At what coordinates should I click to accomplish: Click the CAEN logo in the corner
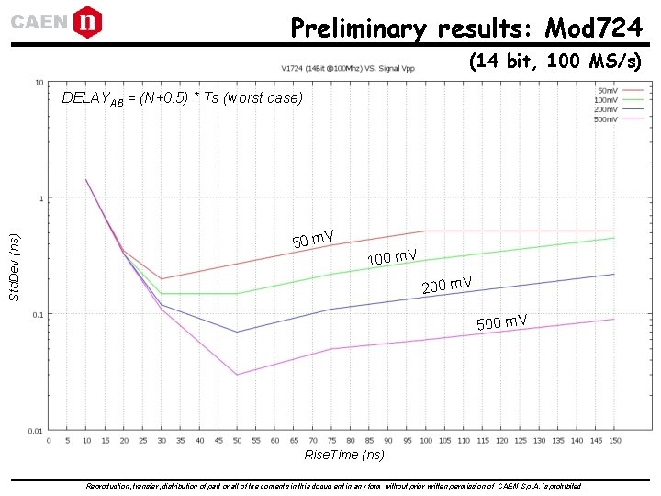(55, 21)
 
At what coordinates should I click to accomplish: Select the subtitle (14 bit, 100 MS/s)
(555, 62)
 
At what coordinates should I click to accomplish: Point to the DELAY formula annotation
(181, 98)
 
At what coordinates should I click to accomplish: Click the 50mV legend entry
(606, 91)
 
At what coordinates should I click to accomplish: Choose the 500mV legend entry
(606, 119)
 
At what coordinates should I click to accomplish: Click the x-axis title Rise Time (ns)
(343, 456)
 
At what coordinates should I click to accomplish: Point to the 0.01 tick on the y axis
(35, 430)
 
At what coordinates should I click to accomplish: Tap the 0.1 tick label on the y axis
(37, 314)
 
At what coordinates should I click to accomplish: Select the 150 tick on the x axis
(614, 441)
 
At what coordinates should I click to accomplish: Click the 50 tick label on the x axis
(237, 441)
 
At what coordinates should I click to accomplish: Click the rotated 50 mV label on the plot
(312, 240)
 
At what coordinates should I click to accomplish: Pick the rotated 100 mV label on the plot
(392, 256)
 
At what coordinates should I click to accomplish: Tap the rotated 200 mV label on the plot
(446, 285)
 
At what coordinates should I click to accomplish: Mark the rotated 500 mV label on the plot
(501, 321)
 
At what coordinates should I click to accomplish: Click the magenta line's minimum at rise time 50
(237, 375)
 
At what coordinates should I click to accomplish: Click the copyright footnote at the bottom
(332, 485)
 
